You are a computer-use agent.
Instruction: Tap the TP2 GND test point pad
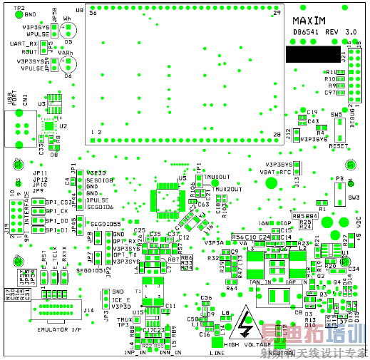click(19, 14)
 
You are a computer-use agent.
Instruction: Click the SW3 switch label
click(353, 197)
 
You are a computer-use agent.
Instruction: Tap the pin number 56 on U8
click(93, 14)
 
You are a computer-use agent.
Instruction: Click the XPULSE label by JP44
click(98, 200)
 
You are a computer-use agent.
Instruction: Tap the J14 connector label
click(88, 311)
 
